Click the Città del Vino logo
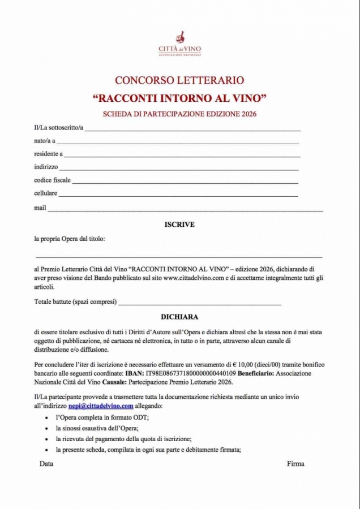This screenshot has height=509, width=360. click(179, 44)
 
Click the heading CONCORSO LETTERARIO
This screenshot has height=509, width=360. click(179, 80)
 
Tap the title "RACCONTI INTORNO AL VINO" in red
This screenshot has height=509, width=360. click(179, 98)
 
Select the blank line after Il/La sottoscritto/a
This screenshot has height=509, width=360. click(192, 130)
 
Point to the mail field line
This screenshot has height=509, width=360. click(186, 210)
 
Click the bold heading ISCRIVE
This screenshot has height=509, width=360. click(179, 225)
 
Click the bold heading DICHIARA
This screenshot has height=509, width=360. click(179, 317)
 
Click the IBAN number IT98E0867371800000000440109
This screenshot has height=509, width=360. click(190, 374)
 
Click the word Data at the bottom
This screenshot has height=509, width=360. click(46, 464)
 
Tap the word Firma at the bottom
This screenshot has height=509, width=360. click(295, 464)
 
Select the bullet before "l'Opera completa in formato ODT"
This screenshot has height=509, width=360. click(46, 417)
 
